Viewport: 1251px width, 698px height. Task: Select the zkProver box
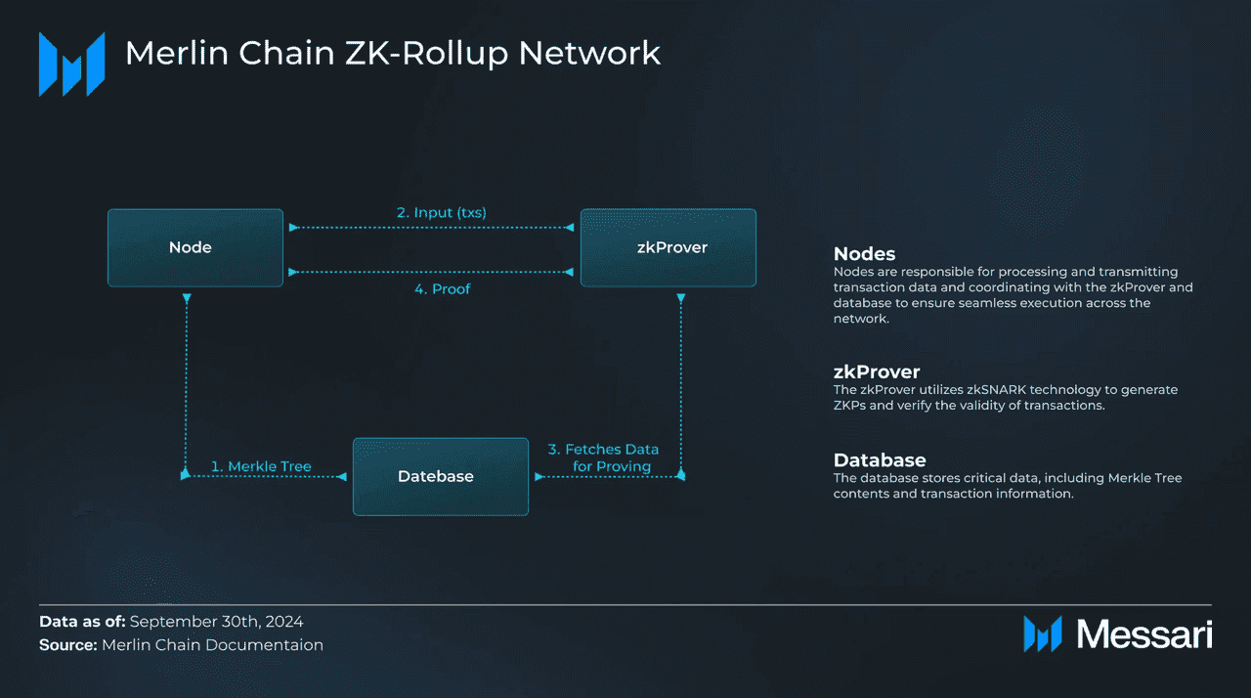668,247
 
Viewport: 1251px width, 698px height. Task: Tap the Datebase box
440,476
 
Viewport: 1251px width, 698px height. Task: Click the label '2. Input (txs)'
442,212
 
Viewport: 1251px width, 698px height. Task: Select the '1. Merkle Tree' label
261,466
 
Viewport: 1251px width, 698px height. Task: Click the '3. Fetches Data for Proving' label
603,458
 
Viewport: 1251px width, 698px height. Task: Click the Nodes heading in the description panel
864,254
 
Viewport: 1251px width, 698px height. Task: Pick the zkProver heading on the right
877,371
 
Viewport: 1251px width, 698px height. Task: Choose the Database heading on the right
880,459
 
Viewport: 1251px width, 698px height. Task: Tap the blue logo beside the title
71,64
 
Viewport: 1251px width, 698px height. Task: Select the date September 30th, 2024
216,622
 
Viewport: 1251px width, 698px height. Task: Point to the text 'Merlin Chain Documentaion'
212,645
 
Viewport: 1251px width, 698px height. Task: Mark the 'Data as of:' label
82,622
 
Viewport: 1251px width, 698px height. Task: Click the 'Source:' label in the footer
68,645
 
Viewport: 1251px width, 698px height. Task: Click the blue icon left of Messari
1043,633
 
